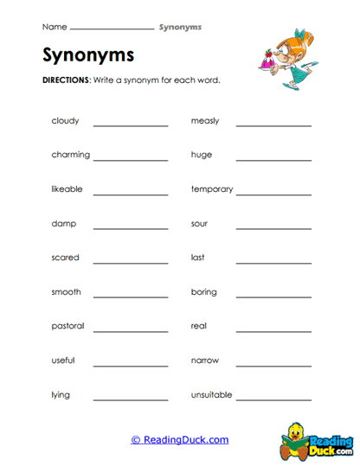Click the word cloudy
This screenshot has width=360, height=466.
coord(64,121)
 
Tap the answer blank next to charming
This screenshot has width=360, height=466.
coord(131,159)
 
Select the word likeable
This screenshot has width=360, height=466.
coord(67,189)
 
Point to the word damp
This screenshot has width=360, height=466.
coord(63,224)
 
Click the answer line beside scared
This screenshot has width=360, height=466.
coord(131,262)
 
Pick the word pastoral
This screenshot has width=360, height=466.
coord(67,326)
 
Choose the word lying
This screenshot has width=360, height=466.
coord(61,395)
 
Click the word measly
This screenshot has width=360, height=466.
coord(205,121)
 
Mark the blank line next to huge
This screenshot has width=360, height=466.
coord(273,159)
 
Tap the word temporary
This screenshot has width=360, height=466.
coord(212,189)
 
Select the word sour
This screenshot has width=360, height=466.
coord(199,224)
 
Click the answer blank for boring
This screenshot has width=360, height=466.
coord(273,297)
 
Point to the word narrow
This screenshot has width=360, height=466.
coord(205,361)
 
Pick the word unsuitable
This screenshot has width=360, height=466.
coord(212,395)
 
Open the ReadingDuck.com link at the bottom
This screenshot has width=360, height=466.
coord(180,440)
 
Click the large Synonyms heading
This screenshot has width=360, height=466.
coord(88,55)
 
